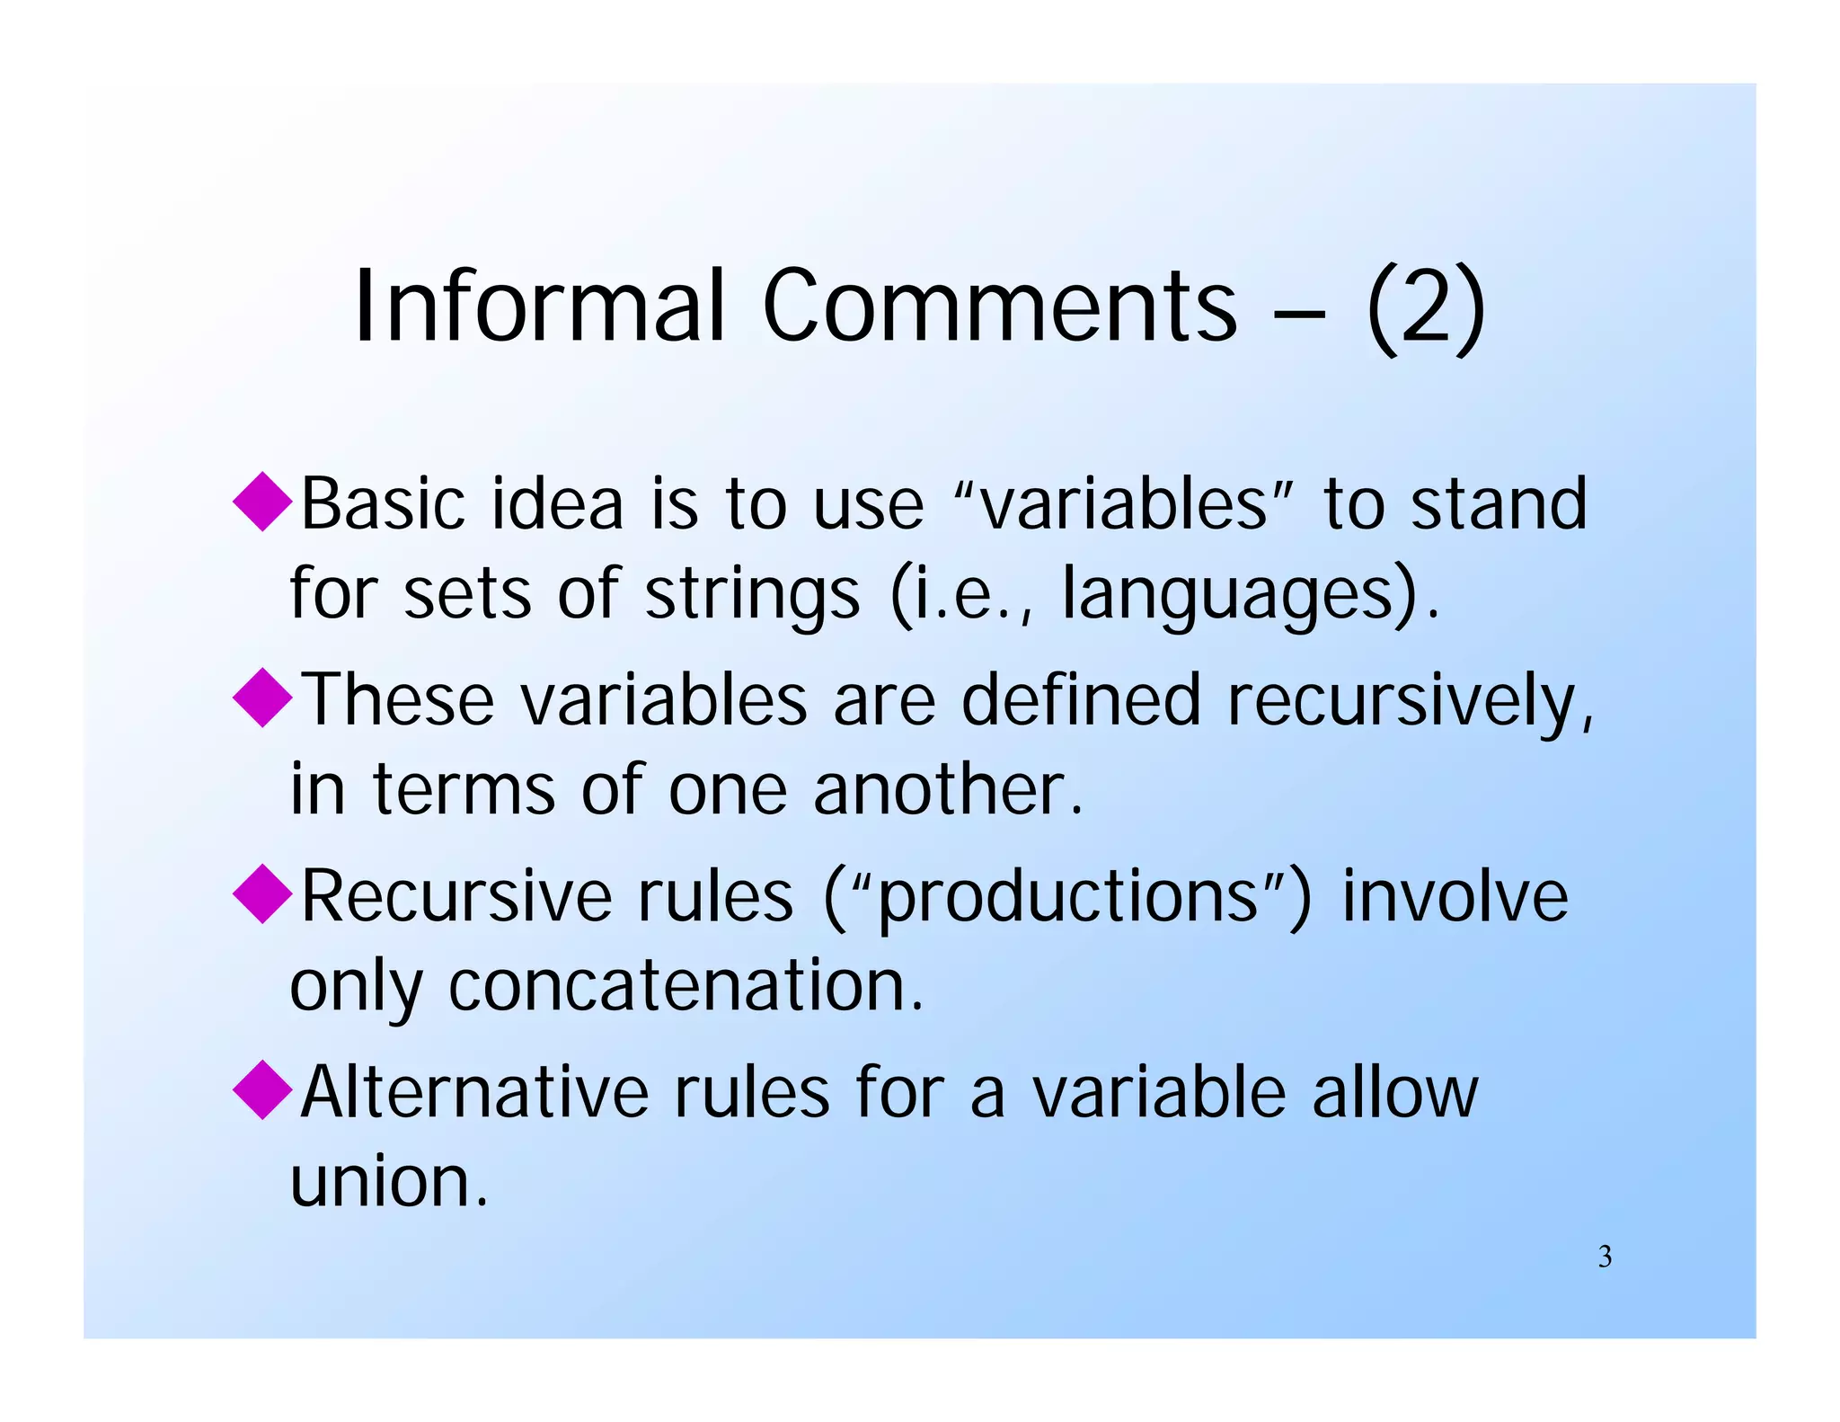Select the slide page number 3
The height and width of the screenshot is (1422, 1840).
point(1605,1257)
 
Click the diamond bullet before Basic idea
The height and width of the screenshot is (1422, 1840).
point(262,501)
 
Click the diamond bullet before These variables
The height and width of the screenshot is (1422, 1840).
point(262,697)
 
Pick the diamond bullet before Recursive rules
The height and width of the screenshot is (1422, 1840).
point(262,893)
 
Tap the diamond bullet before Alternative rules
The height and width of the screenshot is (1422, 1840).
point(262,1089)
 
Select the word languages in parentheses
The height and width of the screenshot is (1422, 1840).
point(1226,595)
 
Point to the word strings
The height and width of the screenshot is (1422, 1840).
point(753,595)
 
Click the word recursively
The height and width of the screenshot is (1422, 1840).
point(1409,701)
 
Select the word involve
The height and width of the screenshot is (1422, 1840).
point(1455,897)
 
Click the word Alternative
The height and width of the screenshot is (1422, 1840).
point(474,1093)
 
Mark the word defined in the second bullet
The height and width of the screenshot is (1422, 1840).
point(1080,699)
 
